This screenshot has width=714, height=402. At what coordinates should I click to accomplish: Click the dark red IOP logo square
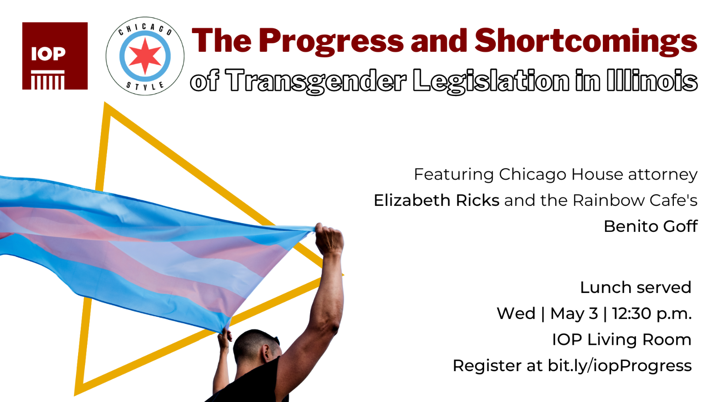pyautogui.click(x=55, y=56)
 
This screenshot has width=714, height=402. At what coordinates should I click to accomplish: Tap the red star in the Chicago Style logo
pyautogui.click(x=145, y=56)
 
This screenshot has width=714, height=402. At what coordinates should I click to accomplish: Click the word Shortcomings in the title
pyautogui.click(x=586, y=42)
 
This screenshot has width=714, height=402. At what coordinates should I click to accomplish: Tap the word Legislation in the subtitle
pyautogui.click(x=491, y=81)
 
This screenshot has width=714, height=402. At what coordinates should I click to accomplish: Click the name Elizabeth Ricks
pyautogui.click(x=436, y=201)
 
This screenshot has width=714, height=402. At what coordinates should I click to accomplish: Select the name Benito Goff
pyautogui.click(x=651, y=226)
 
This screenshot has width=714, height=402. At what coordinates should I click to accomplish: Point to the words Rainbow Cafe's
pyautogui.click(x=635, y=201)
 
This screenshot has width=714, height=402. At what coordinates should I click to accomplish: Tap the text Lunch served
pyautogui.click(x=635, y=288)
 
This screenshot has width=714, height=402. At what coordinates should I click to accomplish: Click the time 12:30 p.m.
pyautogui.click(x=652, y=314)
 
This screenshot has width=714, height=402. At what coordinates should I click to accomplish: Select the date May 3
pyautogui.click(x=574, y=314)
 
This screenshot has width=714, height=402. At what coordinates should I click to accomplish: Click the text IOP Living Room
pyautogui.click(x=622, y=339)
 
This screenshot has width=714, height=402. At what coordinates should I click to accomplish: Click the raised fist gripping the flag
pyautogui.click(x=329, y=239)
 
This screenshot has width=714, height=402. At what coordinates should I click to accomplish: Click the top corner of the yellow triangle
pyautogui.click(x=105, y=103)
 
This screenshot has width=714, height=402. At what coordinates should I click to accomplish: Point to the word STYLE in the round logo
pyautogui.click(x=145, y=86)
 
